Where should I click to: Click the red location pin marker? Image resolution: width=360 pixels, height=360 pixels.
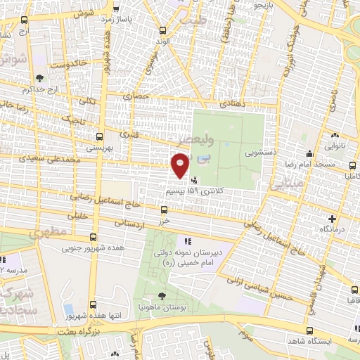pos(180,166)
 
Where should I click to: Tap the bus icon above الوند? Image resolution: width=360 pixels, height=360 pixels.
pos(163,30)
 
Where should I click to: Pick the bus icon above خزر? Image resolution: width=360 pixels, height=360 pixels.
pos(164,209)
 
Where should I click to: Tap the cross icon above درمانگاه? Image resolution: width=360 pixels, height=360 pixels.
pos(333,219)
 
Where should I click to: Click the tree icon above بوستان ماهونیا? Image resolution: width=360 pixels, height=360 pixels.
pos(162,296)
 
